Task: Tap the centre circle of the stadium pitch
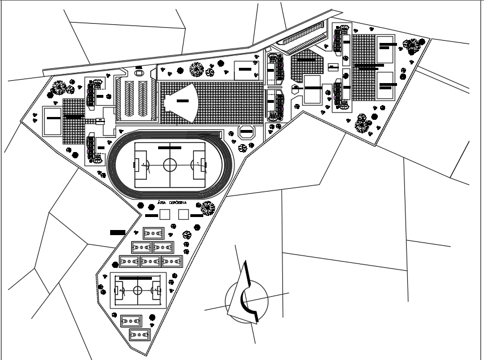(x=170, y=165)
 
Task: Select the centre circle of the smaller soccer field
(x=138, y=290)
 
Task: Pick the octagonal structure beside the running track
(x=247, y=132)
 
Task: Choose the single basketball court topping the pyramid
(x=153, y=233)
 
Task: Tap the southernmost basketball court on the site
(x=139, y=335)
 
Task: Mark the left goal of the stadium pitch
(x=136, y=165)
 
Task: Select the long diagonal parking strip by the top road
(x=303, y=35)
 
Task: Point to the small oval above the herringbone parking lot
(x=139, y=72)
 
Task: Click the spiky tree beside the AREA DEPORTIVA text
(x=208, y=208)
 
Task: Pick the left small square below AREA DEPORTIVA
(x=164, y=214)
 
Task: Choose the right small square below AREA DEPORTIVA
(x=183, y=214)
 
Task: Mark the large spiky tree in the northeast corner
(x=413, y=45)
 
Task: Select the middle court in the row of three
(x=151, y=261)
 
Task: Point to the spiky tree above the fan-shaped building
(x=197, y=70)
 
